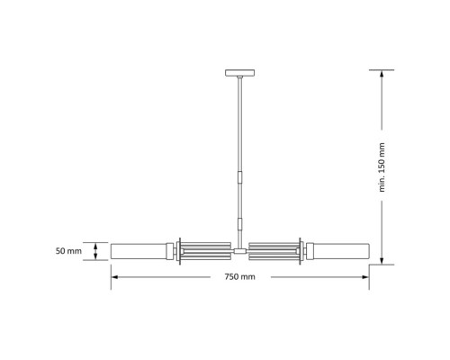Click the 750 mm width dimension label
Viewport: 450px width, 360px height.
coord(239,276)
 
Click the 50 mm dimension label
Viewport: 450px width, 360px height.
coord(67,251)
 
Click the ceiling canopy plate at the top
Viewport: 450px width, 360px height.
coord(239,73)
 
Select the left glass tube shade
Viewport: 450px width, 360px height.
coord(139,251)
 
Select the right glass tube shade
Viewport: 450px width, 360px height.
coord(338,251)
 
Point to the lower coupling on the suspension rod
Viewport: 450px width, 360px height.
coord(239,221)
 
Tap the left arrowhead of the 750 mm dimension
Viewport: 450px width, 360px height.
coord(113,276)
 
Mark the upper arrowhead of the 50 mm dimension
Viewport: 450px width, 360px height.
coord(94,244)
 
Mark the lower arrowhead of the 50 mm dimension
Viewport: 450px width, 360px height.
coord(94,258)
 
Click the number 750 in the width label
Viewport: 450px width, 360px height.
coord(232,276)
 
